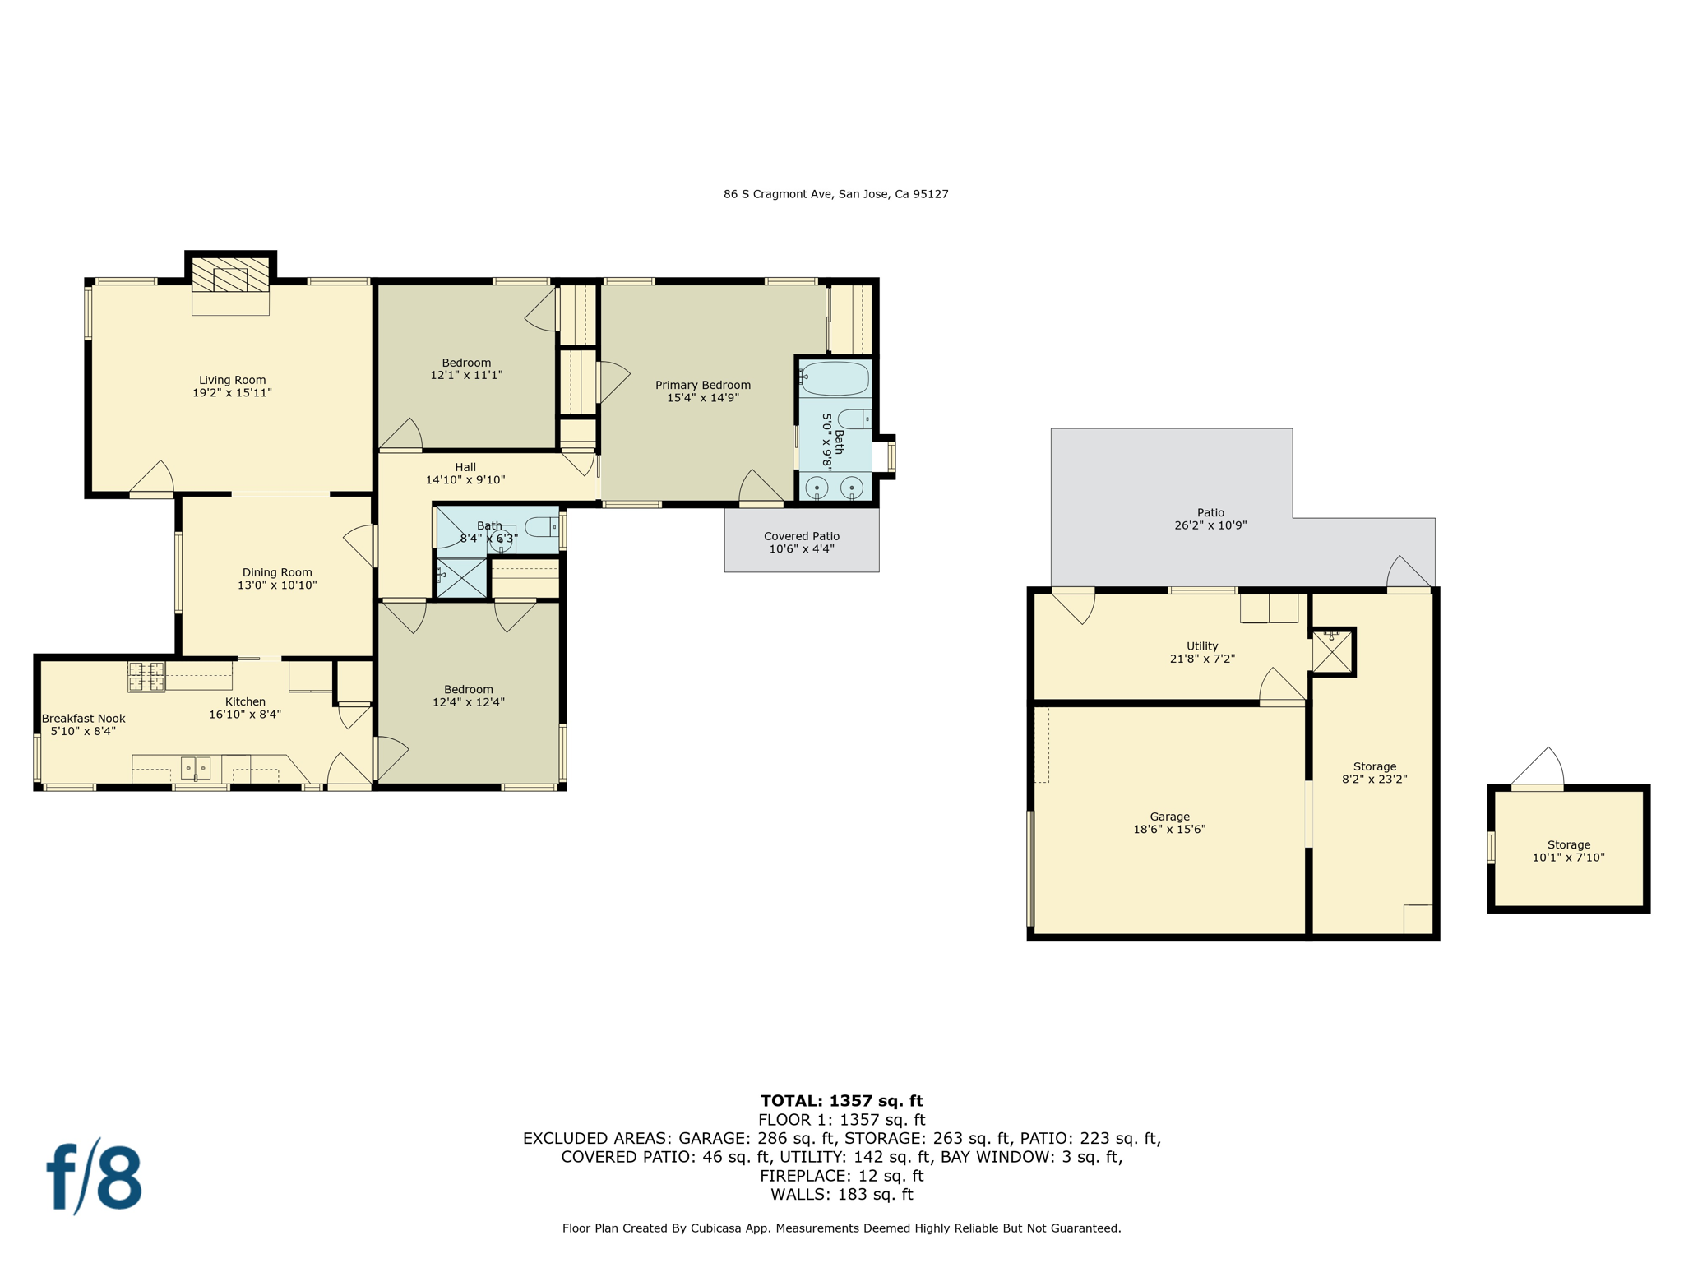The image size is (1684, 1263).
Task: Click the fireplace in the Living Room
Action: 230,275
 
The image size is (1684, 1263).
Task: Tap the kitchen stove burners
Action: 146,677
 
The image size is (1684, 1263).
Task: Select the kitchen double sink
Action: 196,768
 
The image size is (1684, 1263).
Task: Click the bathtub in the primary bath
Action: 834,378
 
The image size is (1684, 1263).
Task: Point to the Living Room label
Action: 232,380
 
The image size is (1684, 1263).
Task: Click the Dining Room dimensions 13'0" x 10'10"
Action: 277,585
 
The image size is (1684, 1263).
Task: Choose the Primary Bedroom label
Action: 703,385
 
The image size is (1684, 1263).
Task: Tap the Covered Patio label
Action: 802,536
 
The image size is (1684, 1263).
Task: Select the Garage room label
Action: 1169,817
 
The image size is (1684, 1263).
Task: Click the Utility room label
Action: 1202,646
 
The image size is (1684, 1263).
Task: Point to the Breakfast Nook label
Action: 84,719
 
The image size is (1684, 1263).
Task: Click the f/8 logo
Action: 94,1176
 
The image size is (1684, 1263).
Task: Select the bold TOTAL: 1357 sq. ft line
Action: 841,1101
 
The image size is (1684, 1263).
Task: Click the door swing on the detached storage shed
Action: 1538,766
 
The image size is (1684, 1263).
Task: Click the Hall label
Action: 465,467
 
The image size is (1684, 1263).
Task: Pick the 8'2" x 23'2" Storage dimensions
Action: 1375,779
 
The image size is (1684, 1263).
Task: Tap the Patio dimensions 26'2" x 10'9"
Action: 1210,525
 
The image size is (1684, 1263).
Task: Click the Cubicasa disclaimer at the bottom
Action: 841,1228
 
